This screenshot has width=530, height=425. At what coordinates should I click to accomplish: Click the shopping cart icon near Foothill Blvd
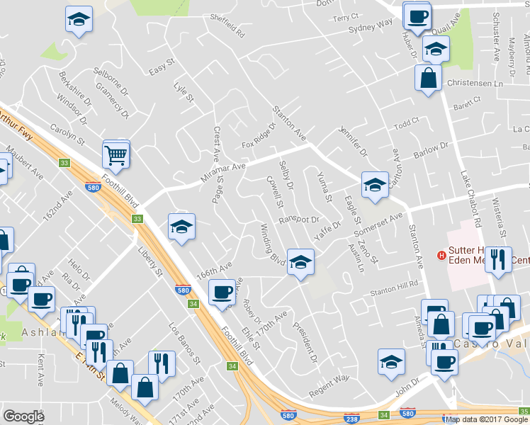(x=115, y=154)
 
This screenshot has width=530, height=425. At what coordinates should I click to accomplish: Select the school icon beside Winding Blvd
(x=300, y=263)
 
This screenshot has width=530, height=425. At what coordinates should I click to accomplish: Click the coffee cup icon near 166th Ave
(x=222, y=292)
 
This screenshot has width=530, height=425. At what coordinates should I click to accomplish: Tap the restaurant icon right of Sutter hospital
(x=500, y=260)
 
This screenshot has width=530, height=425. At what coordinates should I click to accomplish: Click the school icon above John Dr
(x=391, y=362)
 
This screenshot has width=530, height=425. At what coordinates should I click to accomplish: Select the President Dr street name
(x=305, y=343)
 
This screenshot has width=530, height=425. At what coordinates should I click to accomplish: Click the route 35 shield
(x=524, y=410)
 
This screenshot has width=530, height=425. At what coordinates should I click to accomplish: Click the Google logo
(x=24, y=416)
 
